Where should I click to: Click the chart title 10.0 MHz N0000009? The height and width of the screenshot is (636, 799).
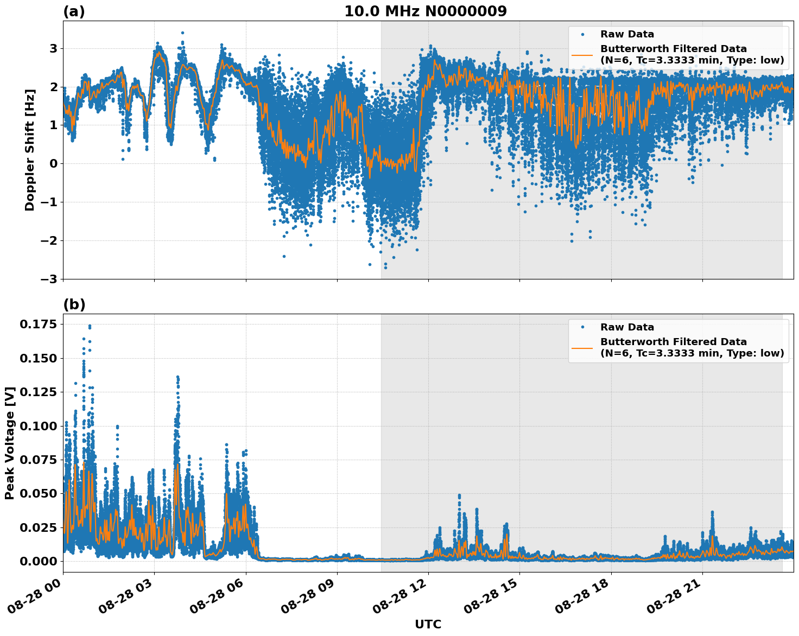[425, 11]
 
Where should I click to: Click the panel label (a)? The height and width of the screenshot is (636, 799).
[74, 11]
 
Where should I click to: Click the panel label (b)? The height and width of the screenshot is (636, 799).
[74, 304]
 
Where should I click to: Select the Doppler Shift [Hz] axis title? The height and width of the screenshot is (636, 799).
[30, 150]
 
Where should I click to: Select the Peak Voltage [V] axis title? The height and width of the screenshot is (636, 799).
[9, 443]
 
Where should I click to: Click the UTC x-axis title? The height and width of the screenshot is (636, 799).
[428, 624]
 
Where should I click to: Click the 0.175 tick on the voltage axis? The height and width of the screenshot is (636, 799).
[38, 325]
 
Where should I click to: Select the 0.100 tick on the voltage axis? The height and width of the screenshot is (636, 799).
[38, 426]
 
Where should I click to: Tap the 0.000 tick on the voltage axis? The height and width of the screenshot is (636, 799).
[38, 561]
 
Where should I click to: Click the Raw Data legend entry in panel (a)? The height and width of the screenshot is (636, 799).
[627, 34]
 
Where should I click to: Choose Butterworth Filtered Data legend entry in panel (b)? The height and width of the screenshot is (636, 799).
[692, 347]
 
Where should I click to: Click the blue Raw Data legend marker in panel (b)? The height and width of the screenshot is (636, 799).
[582, 327]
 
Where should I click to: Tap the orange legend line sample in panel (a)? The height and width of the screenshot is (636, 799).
[582, 54]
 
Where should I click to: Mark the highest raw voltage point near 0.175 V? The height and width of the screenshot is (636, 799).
[90, 326]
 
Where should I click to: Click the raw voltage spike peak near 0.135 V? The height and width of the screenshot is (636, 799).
[177, 377]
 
